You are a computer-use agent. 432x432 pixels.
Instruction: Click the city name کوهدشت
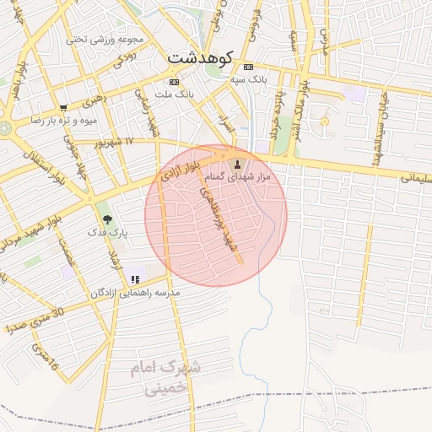(x=200, y=57)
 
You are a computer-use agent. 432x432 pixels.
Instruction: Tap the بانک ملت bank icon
(x=174, y=82)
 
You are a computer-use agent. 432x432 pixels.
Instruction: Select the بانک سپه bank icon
(x=247, y=67)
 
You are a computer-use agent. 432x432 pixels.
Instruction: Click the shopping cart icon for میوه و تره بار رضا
(x=63, y=107)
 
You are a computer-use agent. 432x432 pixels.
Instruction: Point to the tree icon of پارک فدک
(x=105, y=218)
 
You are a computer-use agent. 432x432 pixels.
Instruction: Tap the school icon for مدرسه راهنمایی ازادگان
(x=134, y=279)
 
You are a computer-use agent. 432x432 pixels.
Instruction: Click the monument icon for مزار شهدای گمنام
(x=236, y=164)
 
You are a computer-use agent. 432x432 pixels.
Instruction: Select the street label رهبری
(x=95, y=102)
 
